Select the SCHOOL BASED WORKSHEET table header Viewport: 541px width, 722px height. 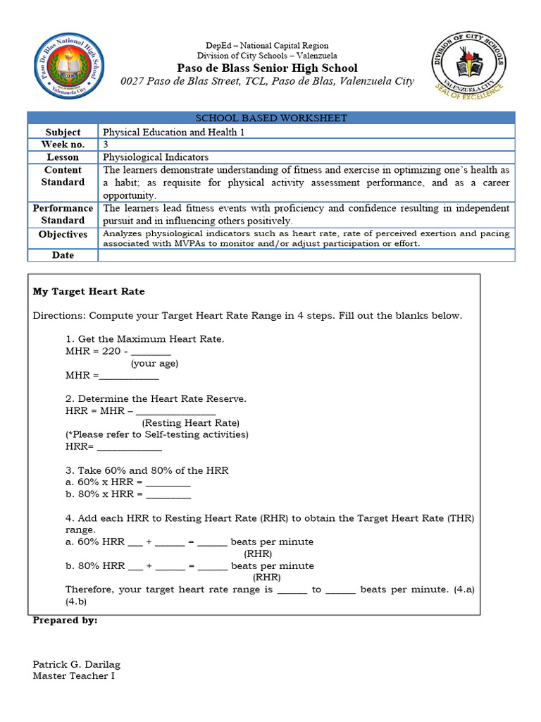271,118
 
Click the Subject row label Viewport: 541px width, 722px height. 63,132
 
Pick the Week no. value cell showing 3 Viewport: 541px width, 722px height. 106,145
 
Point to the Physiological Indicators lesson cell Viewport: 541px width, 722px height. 156,157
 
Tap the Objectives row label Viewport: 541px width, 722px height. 63,235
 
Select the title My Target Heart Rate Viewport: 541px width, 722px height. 89,291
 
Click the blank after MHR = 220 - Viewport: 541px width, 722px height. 151,352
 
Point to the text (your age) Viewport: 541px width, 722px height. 154,364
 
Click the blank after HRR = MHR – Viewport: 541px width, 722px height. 175,412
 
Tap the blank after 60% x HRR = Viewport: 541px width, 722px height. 168,483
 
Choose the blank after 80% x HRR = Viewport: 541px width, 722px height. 168,495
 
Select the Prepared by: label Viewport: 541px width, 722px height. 66,620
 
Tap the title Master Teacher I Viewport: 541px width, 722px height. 73,676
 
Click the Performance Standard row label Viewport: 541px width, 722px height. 63,214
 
